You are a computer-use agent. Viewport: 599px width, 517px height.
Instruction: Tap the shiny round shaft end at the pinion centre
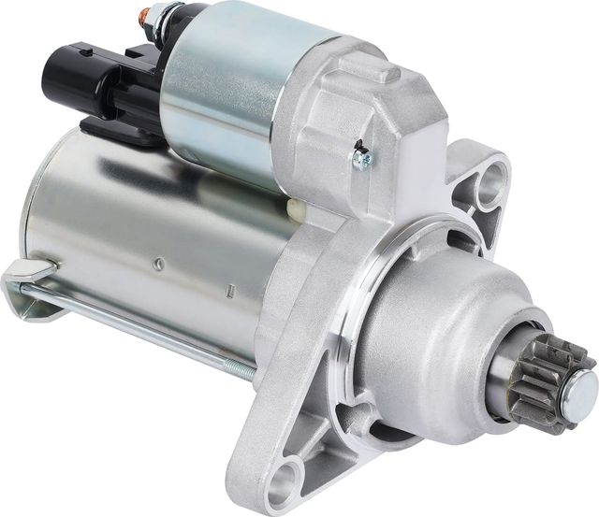(x=582, y=383)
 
